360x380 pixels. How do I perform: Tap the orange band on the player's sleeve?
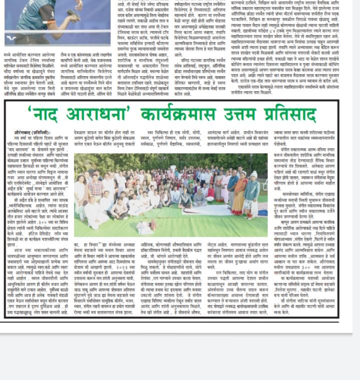coord(51,23)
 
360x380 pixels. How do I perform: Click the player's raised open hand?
coord(79,5)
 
